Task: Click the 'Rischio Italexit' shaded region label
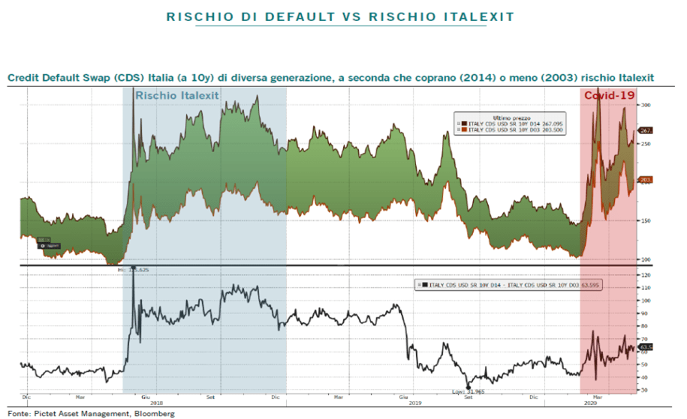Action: click(x=176, y=95)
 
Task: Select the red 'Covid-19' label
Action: click(x=605, y=96)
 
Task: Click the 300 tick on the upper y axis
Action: click(x=644, y=105)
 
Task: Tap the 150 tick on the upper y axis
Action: click(x=644, y=220)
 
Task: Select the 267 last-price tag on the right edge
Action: click(x=644, y=130)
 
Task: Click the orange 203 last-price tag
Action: click(x=644, y=180)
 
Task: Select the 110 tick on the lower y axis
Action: click(x=644, y=289)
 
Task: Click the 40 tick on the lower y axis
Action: click(x=644, y=377)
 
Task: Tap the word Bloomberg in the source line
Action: click(x=154, y=414)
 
